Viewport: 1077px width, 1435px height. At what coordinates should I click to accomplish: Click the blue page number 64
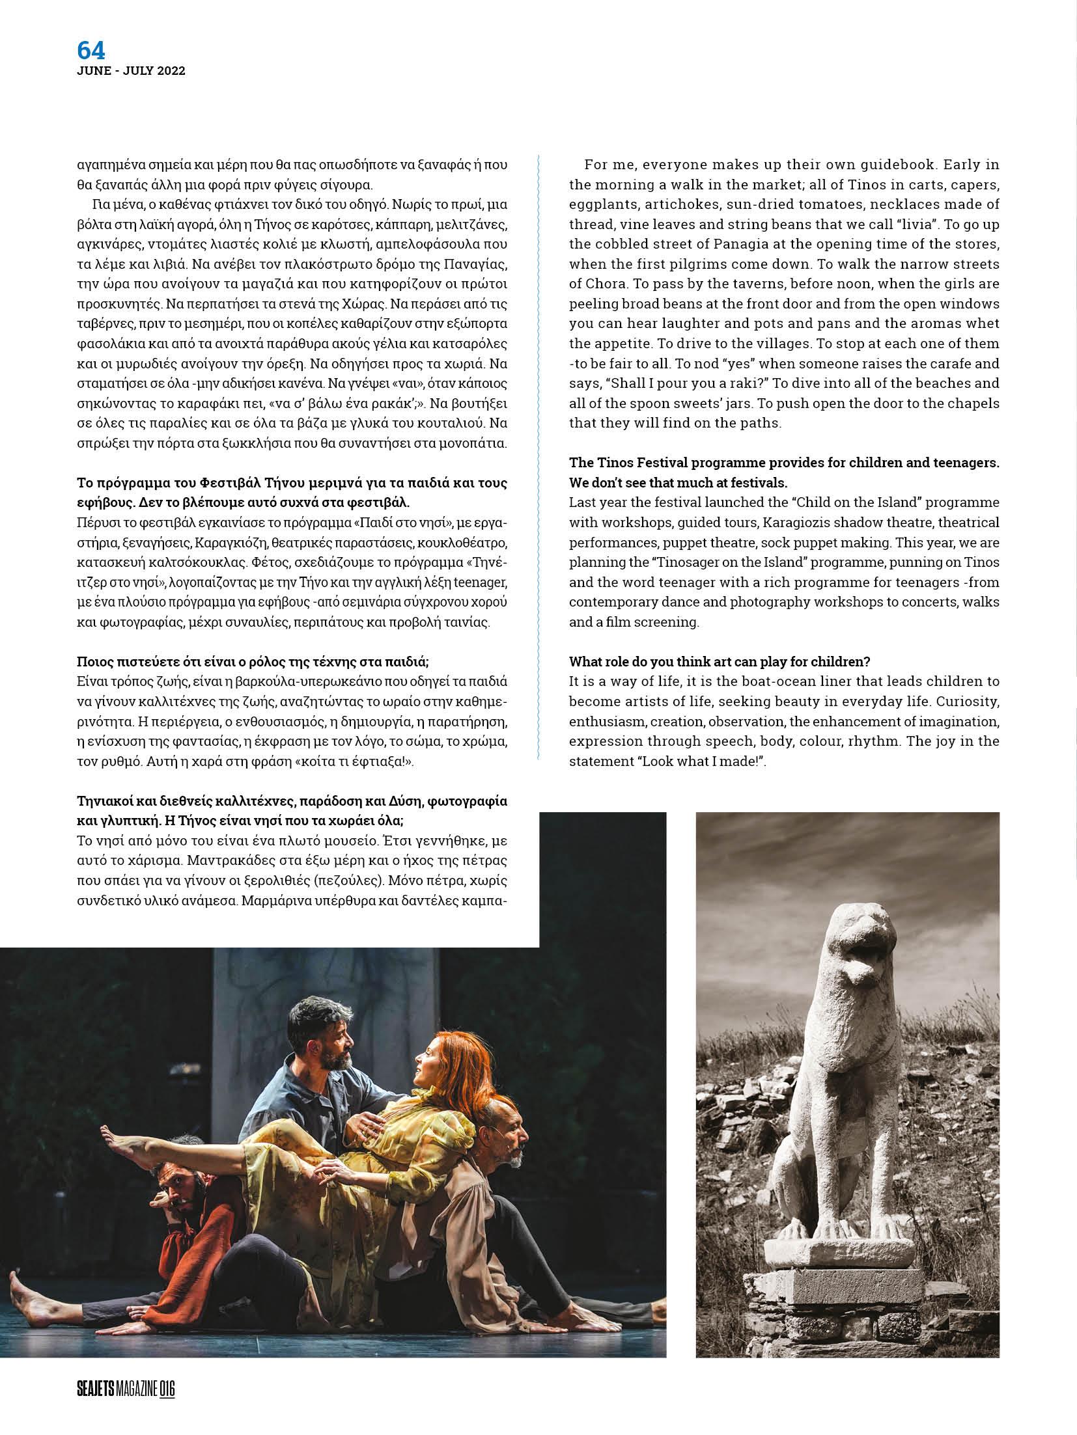click(x=91, y=50)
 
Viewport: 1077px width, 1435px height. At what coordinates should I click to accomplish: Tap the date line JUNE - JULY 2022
click(x=131, y=72)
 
